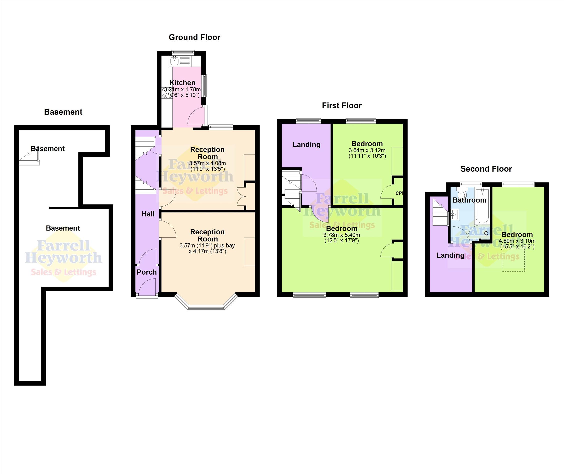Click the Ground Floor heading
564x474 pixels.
(x=194, y=37)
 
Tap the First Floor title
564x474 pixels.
(x=342, y=105)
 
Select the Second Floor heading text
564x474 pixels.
(x=486, y=169)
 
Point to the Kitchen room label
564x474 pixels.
(x=182, y=83)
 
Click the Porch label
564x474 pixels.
(x=147, y=272)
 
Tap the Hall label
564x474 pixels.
(x=148, y=214)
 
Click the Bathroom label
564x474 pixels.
(x=469, y=200)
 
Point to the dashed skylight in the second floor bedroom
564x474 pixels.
(x=513, y=260)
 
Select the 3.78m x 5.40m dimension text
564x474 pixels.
(x=341, y=235)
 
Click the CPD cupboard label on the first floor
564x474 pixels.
(x=399, y=193)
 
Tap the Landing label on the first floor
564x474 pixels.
(x=306, y=145)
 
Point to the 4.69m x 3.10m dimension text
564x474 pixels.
(x=517, y=241)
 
